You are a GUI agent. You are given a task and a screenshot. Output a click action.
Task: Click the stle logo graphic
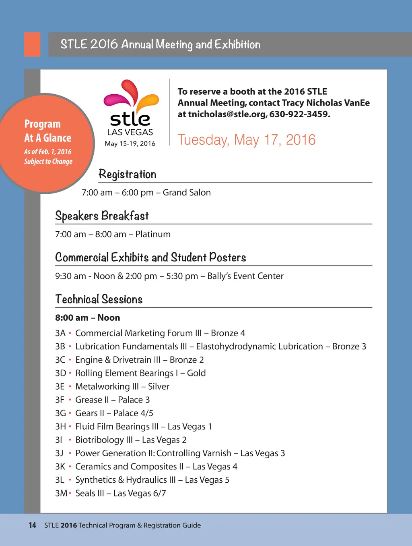pyautogui.click(x=131, y=103)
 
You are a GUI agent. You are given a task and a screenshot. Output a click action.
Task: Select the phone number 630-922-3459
pyautogui.click(x=299, y=114)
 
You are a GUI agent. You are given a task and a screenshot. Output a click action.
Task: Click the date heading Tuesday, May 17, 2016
pyautogui.click(x=246, y=140)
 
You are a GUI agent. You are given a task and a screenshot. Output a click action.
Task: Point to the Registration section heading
pyautogui.click(x=127, y=174)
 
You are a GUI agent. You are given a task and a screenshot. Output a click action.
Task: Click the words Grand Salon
pyautogui.click(x=187, y=193)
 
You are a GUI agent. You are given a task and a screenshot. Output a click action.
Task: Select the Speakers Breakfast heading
pyautogui.click(x=102, y=216)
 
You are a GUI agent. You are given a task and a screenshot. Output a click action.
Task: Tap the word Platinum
pyautogui.click(x=153, y=235)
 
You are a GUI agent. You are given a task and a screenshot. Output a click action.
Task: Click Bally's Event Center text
pyautogui.click(x=245, y=276)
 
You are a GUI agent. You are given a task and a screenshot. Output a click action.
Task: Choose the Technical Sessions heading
pyautogui.click(x=99, y=299)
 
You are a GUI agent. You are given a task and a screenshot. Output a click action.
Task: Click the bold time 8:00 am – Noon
pyautogui.click(x=88, y=318)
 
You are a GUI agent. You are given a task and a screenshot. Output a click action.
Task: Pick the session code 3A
pyautogui.click(x=60, y=333)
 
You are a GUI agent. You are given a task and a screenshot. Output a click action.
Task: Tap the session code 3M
pyautogui.click(x=61, y=493)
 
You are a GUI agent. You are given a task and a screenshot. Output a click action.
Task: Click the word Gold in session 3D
pyautogui.click(x=196, y=373)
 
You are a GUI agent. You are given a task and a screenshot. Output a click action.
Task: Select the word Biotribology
pyautogui.click(x=99, y=440)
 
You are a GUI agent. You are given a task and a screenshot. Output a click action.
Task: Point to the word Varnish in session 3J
pyautogui.click(x=216, y=453)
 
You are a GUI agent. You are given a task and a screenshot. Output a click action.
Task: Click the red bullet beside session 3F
pyautogui.click(x=70, y=400)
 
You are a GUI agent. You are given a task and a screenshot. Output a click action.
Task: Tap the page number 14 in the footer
pyautogui.click(x=32, y=525)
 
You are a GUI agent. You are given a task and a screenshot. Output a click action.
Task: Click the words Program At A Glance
pyautogui.click(x=47, y=131)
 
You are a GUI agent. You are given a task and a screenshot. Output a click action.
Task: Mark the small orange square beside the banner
pyautogui.click(x=32, y=44)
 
